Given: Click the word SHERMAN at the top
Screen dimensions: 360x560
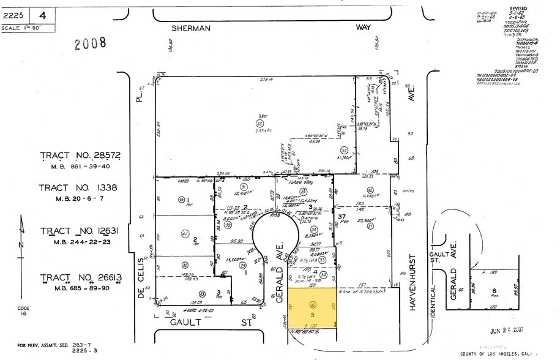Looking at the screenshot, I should pos(191,28).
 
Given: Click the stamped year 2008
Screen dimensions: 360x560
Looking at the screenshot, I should pos(90,43).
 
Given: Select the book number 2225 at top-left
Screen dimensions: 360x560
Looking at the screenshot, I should pos(13,15).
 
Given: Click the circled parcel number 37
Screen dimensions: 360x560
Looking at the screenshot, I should pos(370,227).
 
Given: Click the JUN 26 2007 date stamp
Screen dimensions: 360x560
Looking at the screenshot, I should pos(507,331).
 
